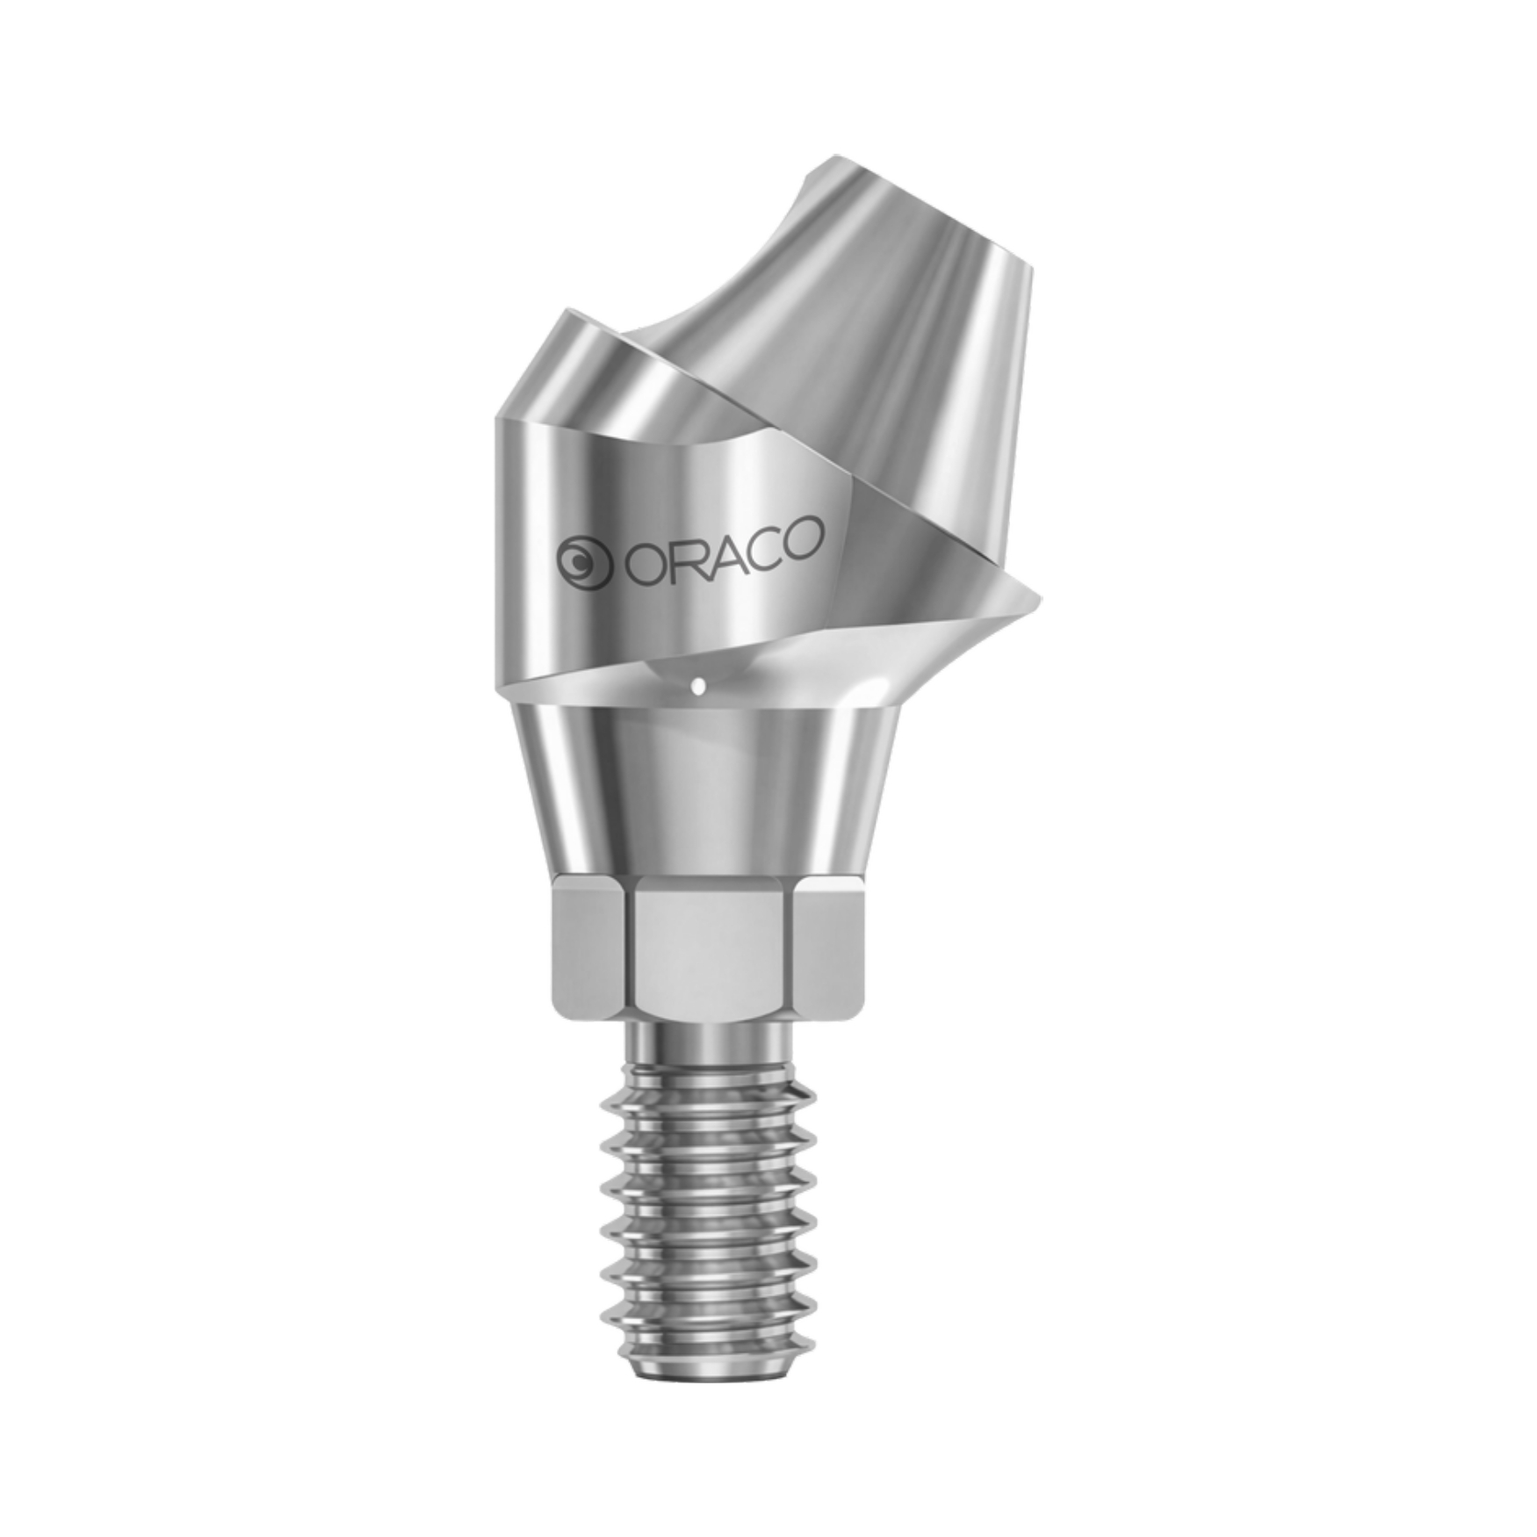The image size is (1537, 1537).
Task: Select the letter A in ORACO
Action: pyautogui.click(x=718, y=546)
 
